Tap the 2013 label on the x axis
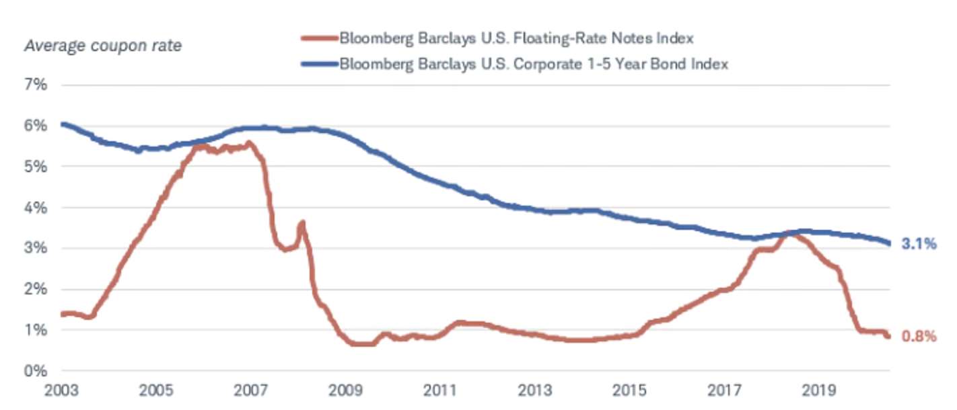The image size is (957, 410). point(536,391)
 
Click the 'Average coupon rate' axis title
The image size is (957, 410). point(102,46)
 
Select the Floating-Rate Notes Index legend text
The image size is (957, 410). point(516,38)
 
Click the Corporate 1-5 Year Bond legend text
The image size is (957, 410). point(534,65)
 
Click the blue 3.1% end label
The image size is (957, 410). point(919,244)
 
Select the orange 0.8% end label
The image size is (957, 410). point(919,337)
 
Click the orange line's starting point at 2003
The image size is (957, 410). point(63,314)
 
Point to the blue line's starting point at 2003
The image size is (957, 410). point(63,124)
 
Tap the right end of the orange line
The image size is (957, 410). point(889,336)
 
